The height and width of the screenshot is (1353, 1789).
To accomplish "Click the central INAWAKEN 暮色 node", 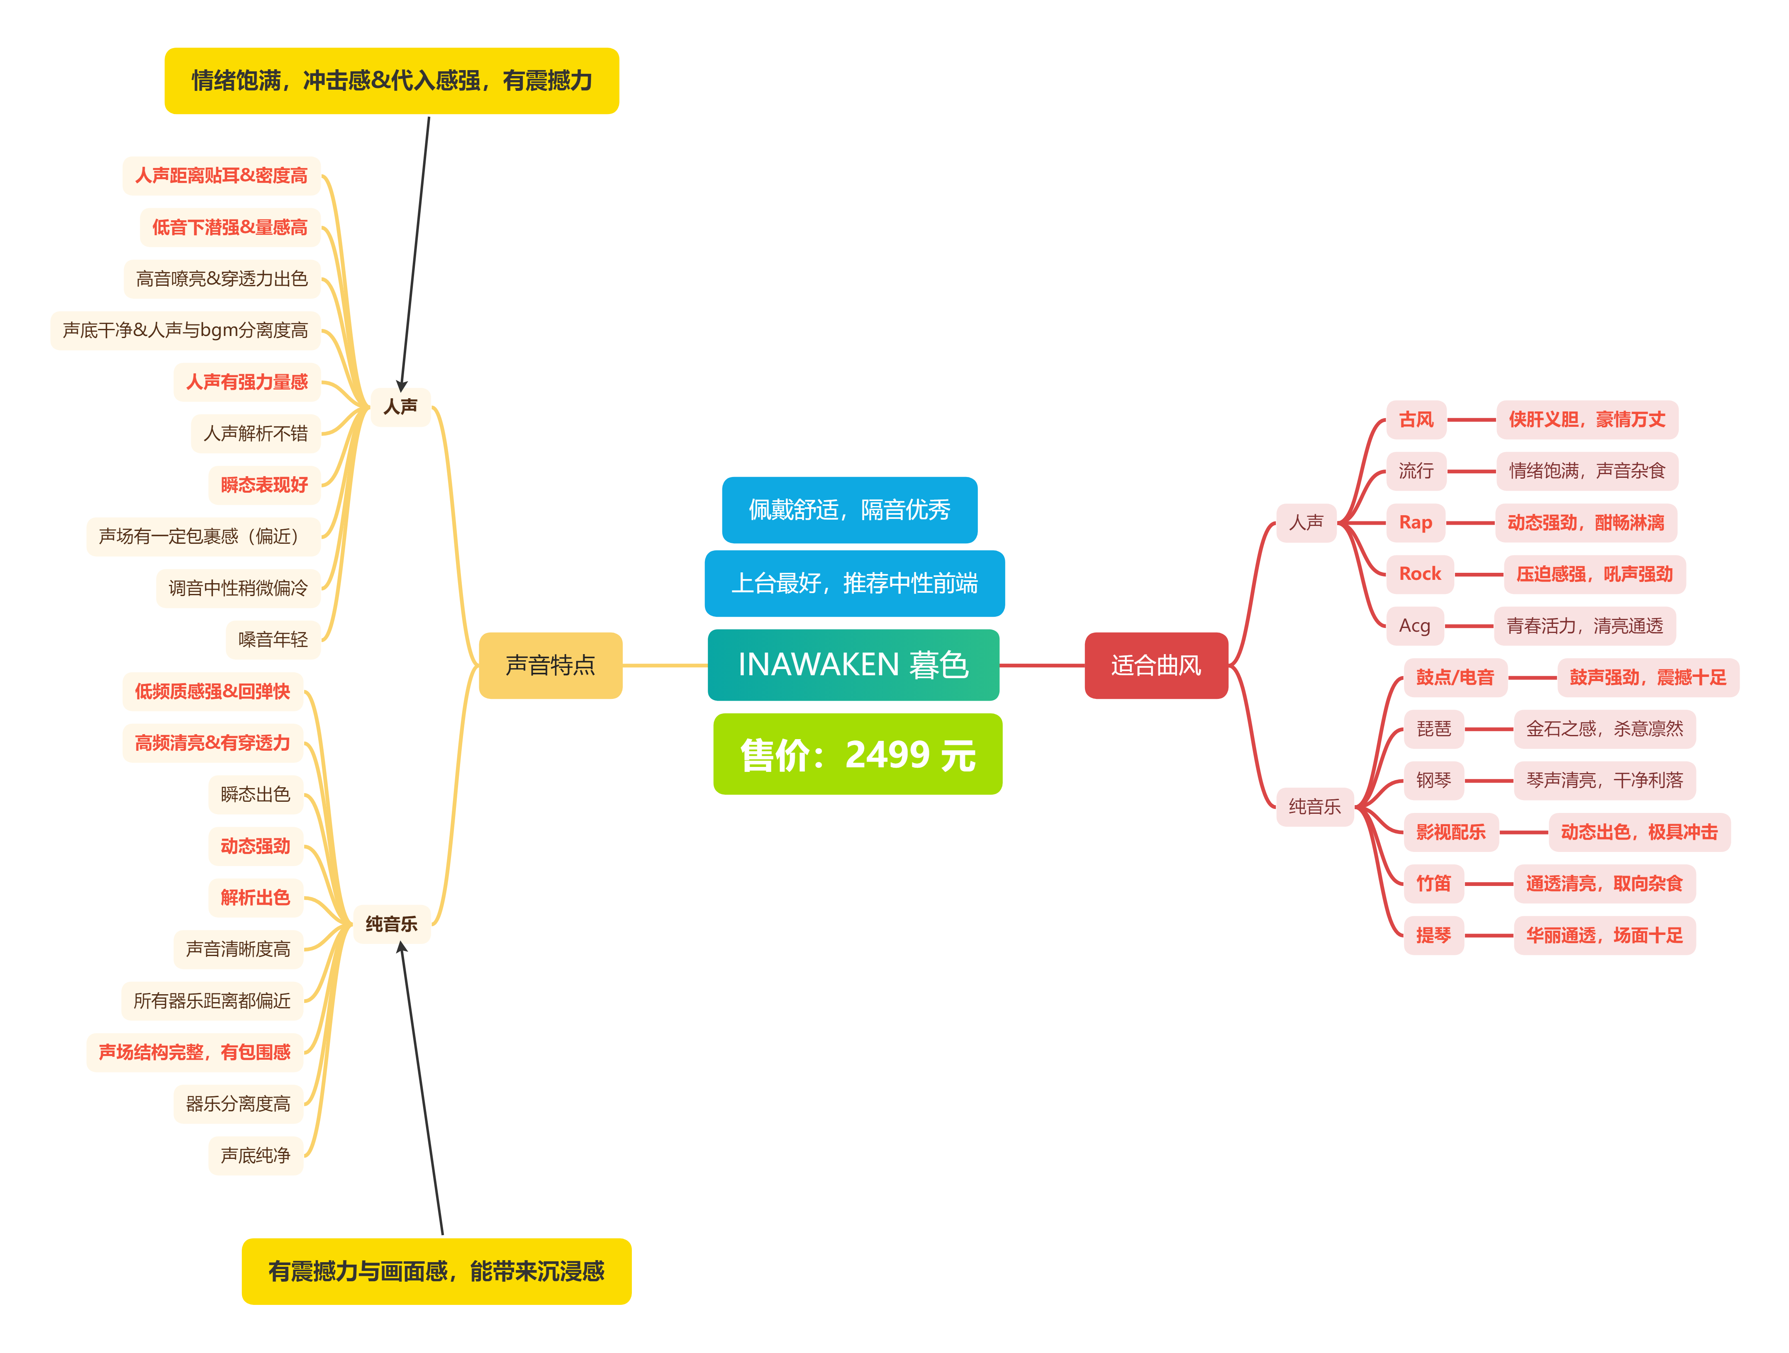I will [x=853, y=665].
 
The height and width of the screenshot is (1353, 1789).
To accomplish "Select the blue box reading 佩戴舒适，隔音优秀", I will [x=849, y=509].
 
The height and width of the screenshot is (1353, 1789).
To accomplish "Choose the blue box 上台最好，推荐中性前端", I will [x=854, y=583].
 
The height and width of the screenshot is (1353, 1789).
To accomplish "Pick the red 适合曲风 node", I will [x=1156, y=665].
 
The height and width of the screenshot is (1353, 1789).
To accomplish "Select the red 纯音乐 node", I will [x=1314, y=806].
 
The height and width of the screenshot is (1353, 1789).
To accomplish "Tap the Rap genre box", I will [x=1415, y=523].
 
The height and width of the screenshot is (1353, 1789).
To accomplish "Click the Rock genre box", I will [x=1419, y=574].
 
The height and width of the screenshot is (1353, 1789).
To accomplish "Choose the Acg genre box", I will [x=1414, y=626].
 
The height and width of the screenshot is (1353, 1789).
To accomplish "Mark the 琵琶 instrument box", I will [x=1433, y=729].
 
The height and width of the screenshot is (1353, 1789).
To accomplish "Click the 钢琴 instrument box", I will [x=1433, y=781].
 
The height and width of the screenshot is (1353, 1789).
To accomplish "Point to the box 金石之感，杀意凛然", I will [x=1604, y=729].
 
